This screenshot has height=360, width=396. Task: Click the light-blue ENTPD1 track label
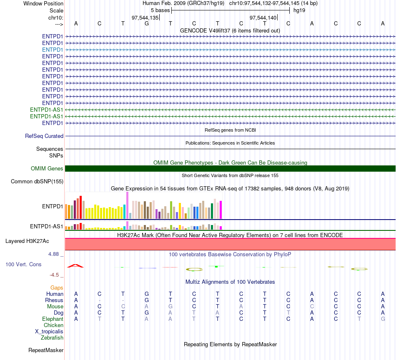pyautogui.click(x=52, y=50)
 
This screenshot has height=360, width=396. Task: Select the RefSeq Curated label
pyautogui.click(x=44, y=136)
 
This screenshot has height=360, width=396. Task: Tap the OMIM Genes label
pyautogui.click(x=47, y=168)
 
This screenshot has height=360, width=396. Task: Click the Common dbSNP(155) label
pyautogui.click(x=37, y=182)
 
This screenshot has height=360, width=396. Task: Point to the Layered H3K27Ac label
pyautogui.click(x=27, y=241)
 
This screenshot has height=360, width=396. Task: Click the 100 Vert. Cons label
pyautogui.click(x=23, y=264)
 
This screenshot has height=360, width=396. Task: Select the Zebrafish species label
pyautogui.click(x=52, y=338)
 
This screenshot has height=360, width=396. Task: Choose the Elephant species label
pyautogui.click(x=53, y=319)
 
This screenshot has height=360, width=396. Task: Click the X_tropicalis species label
pyautogui.click(x=49, y=332)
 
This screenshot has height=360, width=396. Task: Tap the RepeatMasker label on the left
pyautogui.click(x=46, y=350)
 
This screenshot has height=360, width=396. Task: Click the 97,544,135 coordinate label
pyautogui.click(x=145, y=17)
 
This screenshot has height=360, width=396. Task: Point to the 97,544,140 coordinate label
pyautogui.click(x=263, y=17)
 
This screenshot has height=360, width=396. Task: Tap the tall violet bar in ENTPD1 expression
pyautogui.click(x=127, y=205)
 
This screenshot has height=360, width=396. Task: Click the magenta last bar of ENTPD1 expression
pyautogui.click(x=221, y=210)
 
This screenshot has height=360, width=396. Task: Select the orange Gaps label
pyautogui.click(x=57, y=288)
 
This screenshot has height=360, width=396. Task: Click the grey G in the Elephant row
pyautogui.click(x=383, y=319)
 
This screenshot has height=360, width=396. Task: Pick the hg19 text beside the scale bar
pyautogui.click(x=299, y=10)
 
